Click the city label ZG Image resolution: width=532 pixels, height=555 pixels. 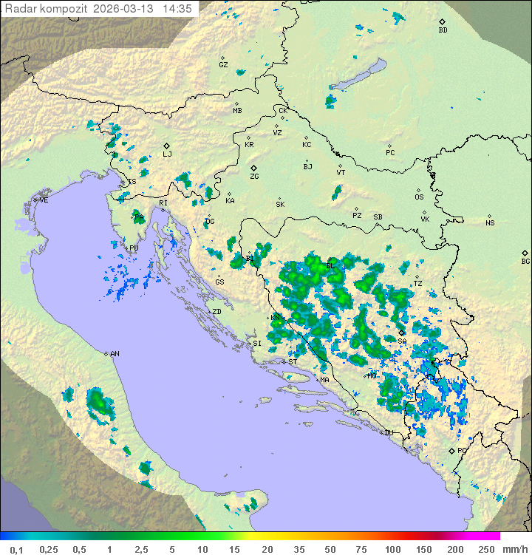pos(254,177)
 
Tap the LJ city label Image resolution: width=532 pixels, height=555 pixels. pos(167,154)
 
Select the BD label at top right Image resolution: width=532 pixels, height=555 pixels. pos(443,30)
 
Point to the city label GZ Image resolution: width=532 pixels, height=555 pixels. pos(223,65)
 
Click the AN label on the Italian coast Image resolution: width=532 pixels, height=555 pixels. pos(115,354)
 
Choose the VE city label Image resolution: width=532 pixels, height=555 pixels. pos(44,200)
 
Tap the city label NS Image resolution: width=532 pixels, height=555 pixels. pos(490,223)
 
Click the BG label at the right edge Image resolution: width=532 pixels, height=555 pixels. pos(525,261)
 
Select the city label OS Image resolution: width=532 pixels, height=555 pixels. pos(419,197)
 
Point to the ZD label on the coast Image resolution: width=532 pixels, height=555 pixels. pos(216,312)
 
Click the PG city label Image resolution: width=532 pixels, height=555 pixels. pos(462,450)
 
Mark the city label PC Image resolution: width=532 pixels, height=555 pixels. pos(390,153)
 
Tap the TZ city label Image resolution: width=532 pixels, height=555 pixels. pos(417,283)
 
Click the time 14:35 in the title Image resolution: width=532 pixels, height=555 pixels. pos(177,9)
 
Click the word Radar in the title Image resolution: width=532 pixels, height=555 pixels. pos(18,9)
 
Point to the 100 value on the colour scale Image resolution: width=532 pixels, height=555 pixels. pos(392,549)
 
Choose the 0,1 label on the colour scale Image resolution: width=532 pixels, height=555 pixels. pos(16,549)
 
